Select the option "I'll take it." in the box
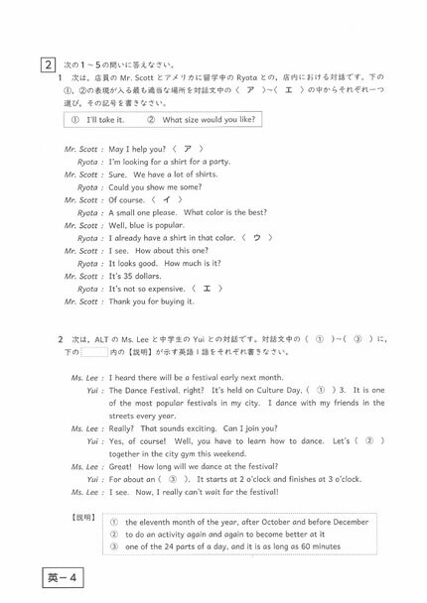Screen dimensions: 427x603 [x=105, y=120]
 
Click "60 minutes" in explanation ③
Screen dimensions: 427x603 [x=315, y=546]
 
